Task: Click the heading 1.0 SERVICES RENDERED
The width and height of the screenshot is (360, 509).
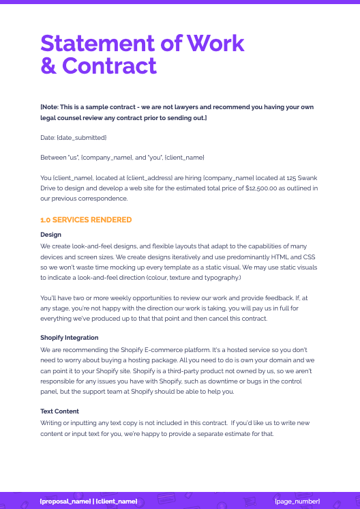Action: pyautogui.click(x=86, y=220)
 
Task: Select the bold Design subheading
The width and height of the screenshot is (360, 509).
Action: pyautogui.click(x=50, y=235)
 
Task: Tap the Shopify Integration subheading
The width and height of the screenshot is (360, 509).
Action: pyautogui.click(x=69, y=338)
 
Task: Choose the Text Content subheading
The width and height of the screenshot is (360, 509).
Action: pyautogui.click(x=59, y=411)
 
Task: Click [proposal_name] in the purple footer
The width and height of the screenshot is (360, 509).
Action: pyautogui.click(x=65, y=501)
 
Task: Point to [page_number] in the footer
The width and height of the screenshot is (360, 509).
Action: pyautogui.click(x=297, y=501)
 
